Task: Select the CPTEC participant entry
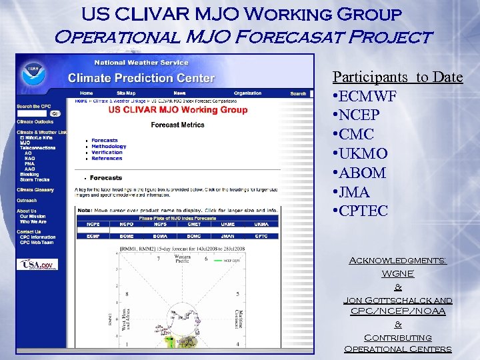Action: (x=363, y=211)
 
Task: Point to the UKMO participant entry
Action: (x=363, y=154)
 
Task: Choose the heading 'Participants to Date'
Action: (x=397, y=77)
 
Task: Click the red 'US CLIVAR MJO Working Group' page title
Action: (x=177, y=110)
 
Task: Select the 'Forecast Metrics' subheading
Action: (x=177, y=125)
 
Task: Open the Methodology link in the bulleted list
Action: (x=109, y=147)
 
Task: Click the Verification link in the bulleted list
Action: (x=107, y=153)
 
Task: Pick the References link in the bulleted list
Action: (x=107, y=159)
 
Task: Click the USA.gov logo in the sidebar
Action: (x=37, y=265)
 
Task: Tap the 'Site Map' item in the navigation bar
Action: (x=126, y=93)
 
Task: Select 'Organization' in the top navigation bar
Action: (x=247, y=93)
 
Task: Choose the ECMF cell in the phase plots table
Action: (x=93, y=235)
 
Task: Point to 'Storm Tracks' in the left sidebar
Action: (x=35, y=179)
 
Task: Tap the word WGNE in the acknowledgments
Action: (x=398, y=274)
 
